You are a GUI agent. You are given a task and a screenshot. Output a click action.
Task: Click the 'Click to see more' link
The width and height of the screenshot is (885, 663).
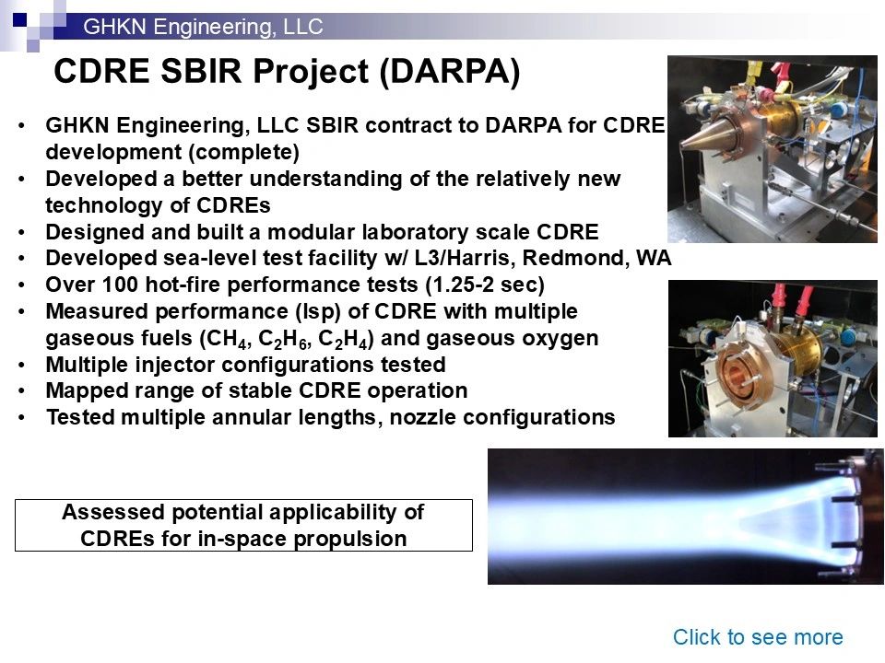coord(758,637)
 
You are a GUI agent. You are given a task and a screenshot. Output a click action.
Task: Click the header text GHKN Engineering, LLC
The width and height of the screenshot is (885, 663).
coord(203,27)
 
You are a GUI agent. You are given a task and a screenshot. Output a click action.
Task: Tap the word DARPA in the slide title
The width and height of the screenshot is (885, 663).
coord(450,72)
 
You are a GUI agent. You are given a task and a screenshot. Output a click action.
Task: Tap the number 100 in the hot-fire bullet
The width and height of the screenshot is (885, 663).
coord(120,285)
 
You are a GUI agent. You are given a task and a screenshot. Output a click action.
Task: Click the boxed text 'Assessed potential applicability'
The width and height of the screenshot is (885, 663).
coord(243,513)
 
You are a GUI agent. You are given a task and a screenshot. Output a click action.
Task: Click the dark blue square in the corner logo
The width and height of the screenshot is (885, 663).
coord(19,20)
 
